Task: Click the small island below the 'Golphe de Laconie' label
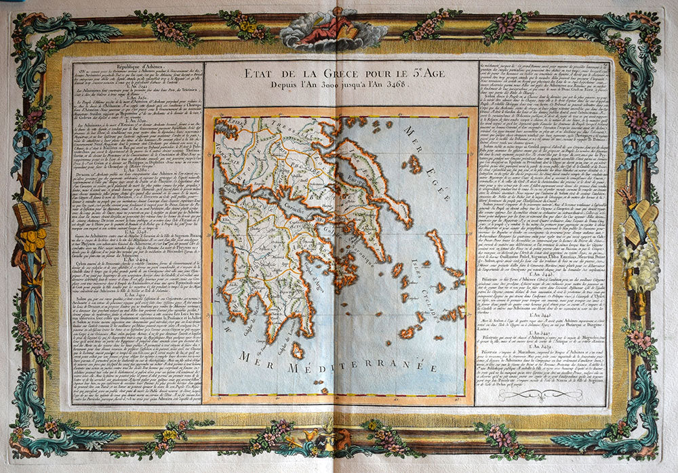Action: pos(297,350)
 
